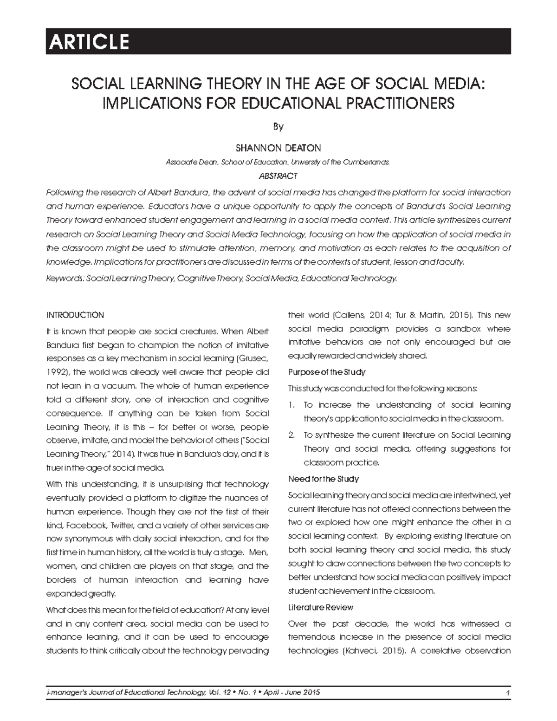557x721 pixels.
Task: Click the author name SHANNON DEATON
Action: [x=278, y=148]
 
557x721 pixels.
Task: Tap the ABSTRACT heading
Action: [x=278, y=176]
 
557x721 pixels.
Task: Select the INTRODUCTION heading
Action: [x=75, y=315]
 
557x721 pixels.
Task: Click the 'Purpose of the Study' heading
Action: [x=327, y=372]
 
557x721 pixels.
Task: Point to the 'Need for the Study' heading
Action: [x=324, y=479]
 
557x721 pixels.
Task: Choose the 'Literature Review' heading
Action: [x=321, y=607]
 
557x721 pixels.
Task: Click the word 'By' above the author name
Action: [x=278, y=126]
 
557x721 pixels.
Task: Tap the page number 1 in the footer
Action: [x=508, y=693]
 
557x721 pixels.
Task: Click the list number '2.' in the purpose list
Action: [x=292, y=435]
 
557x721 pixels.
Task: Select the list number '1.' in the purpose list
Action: [x=291, y=405]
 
